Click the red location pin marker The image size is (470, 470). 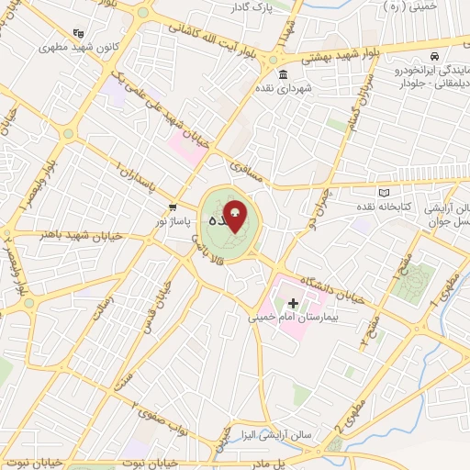pyautogui.click(x=235, y=217)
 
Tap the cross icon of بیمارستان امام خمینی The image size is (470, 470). pyautogui.click(x=293, y=302)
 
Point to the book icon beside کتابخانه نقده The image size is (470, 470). pyautogui.click(x=385, y=191)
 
